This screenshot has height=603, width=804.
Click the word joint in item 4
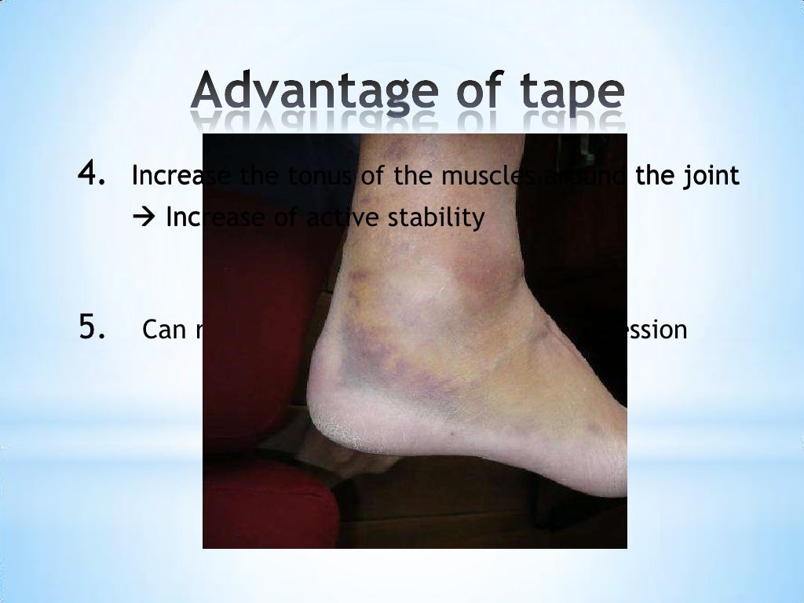(710, 177)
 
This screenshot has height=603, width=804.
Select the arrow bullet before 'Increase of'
(145, 217)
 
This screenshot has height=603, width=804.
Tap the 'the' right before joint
(653, 177)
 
